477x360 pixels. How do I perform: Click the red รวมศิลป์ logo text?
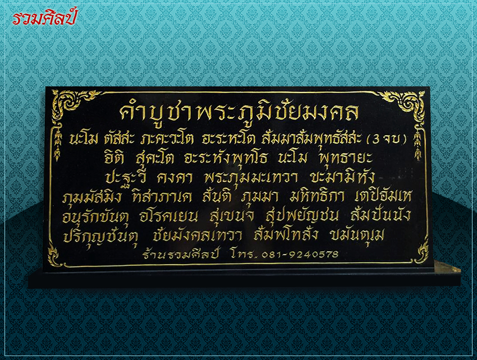click(x=44, y=18)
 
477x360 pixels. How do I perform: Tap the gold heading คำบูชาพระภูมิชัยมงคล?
click(x=239, y=112)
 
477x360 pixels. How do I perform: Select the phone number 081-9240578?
click(x=300, y=253)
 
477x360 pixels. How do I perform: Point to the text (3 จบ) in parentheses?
click(x=387, y=139)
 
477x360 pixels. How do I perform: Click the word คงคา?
click(x=175, y=178)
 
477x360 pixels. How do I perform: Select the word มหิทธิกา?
click(x=317, y=197)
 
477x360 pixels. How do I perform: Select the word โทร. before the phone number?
click(x=244, y=254)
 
